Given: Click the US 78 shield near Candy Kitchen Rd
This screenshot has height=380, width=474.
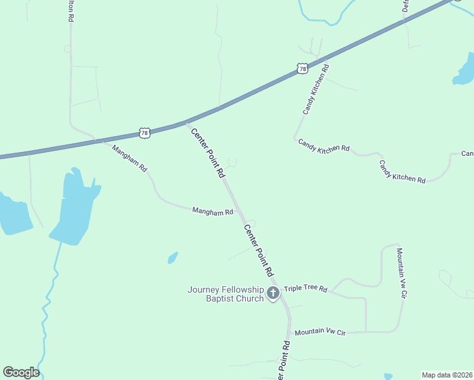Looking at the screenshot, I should (302, 68).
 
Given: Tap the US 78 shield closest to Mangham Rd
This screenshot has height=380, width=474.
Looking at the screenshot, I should (145, 133).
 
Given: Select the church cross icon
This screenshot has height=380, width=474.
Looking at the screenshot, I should (273, 293).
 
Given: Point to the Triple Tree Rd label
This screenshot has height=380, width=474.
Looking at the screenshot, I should (305, 289).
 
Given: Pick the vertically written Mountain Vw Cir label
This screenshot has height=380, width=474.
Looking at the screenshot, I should (400, 273).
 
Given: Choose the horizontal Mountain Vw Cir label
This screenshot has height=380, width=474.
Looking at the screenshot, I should (320, 331).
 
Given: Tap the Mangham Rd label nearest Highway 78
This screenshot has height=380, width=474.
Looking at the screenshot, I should (129, 159).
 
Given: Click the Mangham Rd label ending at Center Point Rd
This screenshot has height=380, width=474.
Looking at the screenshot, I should (213, 213).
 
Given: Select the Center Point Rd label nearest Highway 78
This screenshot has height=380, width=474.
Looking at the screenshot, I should (208, 152).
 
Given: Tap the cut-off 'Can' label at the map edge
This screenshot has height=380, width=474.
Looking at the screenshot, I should (467, 154).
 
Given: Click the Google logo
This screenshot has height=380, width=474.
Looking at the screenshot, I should (21, 372).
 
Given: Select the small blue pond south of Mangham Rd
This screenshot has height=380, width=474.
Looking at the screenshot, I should (172, 258).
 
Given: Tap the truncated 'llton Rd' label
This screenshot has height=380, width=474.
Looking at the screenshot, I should (70, 11).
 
